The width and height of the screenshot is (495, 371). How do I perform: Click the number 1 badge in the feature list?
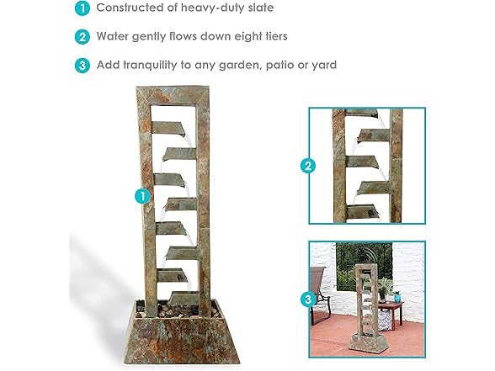[x=82, y=8]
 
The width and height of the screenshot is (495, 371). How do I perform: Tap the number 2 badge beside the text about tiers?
[x=82, y=37]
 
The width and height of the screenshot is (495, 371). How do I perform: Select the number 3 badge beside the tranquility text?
[x=82, y=66]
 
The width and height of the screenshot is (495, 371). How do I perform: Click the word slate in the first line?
[x=260, y=8]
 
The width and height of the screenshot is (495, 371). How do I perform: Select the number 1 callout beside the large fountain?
[x=142, y=196]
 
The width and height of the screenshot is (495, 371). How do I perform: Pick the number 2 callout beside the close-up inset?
[x=308, y=166]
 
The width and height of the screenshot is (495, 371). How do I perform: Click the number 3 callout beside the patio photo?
[x=308, y=299]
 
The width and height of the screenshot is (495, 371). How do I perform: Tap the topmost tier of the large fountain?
[x=168, y=129]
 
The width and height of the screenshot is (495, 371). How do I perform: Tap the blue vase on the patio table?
[x=397, y=297]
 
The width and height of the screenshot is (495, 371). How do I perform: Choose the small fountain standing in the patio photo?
[x=368, y=308]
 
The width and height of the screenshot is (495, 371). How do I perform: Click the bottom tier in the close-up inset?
[x=362, y=211]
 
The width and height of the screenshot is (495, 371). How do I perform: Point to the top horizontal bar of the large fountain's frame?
[x=173, y=95]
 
